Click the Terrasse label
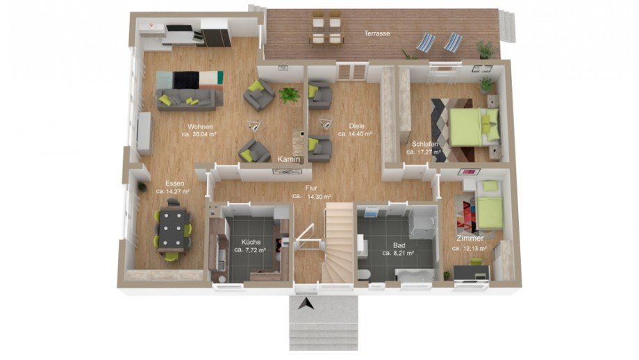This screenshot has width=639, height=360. pos(377,33)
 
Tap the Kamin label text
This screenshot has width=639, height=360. pos(288,159)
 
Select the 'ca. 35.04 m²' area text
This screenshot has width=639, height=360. pos(199,133)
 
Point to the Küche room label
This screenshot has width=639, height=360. pos(251,242)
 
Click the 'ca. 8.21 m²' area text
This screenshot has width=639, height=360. pos(398,253)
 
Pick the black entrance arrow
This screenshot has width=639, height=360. pos(306,304)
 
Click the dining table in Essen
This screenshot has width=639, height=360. pos(174,229)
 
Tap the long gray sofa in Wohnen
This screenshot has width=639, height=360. pos(190,99)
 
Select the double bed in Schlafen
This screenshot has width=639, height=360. pos(474,126)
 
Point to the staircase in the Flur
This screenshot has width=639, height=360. pos(337,243)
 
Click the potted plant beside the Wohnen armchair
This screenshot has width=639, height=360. pos(290,95)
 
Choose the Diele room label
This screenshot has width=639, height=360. pos(356,126)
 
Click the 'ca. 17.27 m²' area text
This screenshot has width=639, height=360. pos(424,152)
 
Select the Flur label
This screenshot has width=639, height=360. pos(311,188)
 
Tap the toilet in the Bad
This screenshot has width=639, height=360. pos(363,275)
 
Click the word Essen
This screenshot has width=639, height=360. pos(174,183)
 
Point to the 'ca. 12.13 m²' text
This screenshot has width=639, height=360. pos(469,248)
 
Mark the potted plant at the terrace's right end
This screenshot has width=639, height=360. pos(485,49)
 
